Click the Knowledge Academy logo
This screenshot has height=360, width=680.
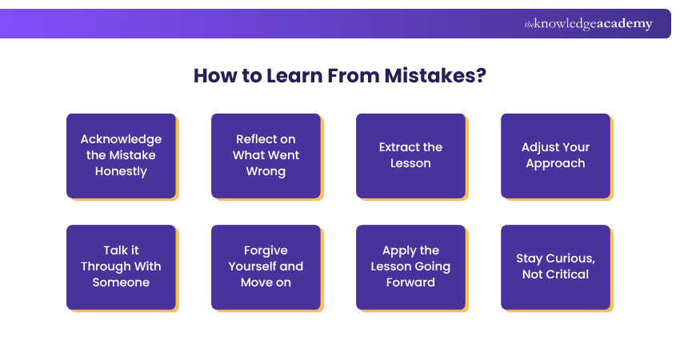tap(588, 24)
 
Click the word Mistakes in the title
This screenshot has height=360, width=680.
tap(432, 77)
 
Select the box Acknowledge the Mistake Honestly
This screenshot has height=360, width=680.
tap(121, 155)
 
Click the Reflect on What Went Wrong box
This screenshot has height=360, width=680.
tap(266, 155)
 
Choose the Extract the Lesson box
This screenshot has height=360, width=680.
tap(410, 155)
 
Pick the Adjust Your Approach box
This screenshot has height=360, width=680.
tap(555, 155)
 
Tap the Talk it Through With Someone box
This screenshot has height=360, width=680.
tap(121, 266)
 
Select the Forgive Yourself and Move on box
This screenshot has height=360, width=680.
tap(266, 266)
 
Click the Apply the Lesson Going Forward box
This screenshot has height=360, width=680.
tap(410, 266)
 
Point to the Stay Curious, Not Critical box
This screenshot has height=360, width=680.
tap(555, 266)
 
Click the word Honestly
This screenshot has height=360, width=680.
tap(121, 171)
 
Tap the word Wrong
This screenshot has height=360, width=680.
tap(266, 171)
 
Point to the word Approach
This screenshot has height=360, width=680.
tap(555, 163)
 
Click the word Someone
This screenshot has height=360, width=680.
tap(121, 282)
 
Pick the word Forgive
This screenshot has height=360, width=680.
tap(266, 250)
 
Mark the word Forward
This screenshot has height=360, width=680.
tap(410, 282)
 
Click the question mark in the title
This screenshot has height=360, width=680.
tap(481, 77)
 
